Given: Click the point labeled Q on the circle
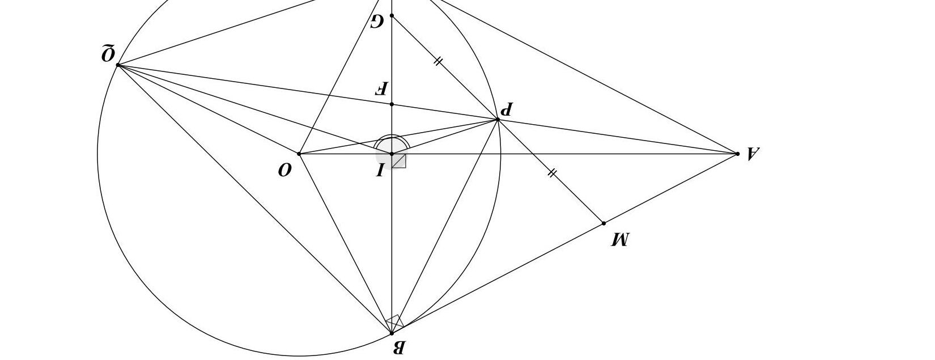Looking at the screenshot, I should (118, 65).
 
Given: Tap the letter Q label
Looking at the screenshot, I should (108, 54).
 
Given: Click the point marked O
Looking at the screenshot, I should (299, 154).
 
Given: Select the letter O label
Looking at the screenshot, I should (285, 170).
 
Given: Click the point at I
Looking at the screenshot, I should (392, 154).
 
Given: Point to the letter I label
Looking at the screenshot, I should (380, 170).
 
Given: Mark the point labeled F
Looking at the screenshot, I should (392, 104).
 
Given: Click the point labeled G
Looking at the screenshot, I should (392, 15).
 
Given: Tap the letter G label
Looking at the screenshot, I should (377, 22).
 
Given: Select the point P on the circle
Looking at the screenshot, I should (498, 119).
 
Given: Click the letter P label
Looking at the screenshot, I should (507, 109).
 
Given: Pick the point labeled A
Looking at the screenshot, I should (737, 154).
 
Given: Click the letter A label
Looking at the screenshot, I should (752, 153).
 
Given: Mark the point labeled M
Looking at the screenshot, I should (603, 223).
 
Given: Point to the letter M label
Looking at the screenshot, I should (620, 240).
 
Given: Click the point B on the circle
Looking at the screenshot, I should (392, 333).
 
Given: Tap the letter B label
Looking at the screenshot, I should (398, 348).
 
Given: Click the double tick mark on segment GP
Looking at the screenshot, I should (437, 61).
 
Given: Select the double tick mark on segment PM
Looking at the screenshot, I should (552, 173).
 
